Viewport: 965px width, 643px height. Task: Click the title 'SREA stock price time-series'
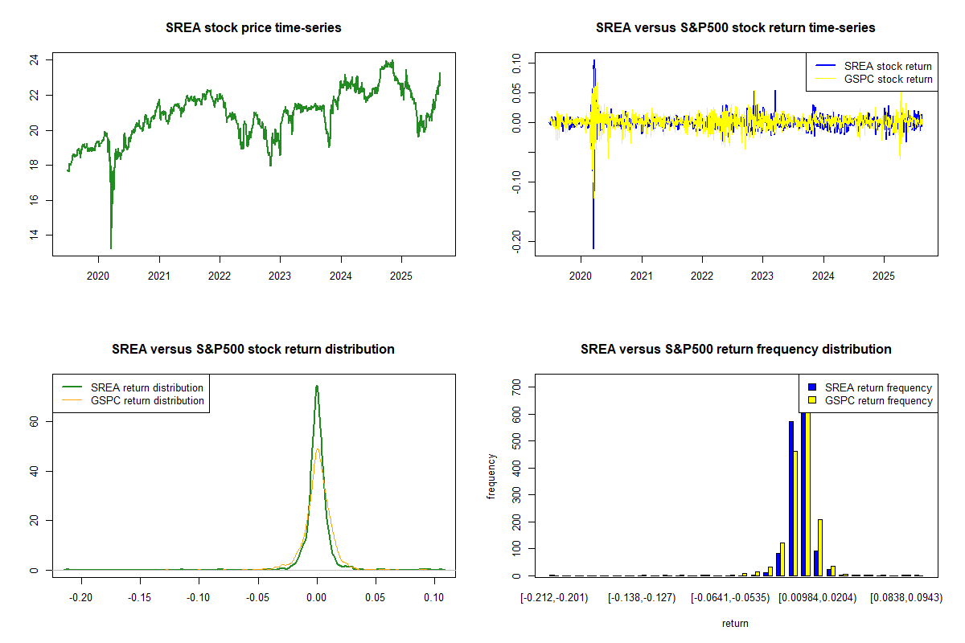click(253, 28)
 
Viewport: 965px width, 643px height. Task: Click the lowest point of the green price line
click(111, 248)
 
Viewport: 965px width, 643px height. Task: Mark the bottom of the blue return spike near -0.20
click(593, 248)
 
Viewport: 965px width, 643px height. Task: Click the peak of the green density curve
click(317, 386)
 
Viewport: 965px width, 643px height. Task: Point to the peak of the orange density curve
click(318, 449)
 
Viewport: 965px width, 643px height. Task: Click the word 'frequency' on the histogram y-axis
click(492, 477)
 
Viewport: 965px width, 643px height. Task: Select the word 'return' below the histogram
click(735, 623)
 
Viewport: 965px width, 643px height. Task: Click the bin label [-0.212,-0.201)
click(554, 598)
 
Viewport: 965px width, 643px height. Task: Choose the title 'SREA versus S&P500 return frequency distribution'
click(736, 350)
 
